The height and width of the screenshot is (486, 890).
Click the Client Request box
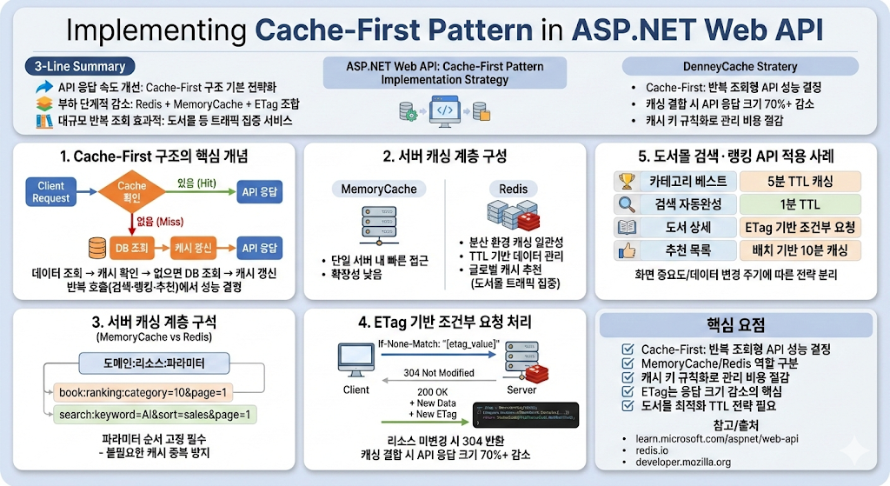coord(51,192)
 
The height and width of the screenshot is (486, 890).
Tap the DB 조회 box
coord(120,247)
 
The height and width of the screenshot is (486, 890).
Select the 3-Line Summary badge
coord(79,66)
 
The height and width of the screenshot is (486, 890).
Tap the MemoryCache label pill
coord(378,189)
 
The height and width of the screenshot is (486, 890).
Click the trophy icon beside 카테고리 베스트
coord(624,182)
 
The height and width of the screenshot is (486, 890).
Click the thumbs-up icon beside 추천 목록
coord(624,251)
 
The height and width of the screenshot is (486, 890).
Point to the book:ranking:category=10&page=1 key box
coord(143,392)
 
